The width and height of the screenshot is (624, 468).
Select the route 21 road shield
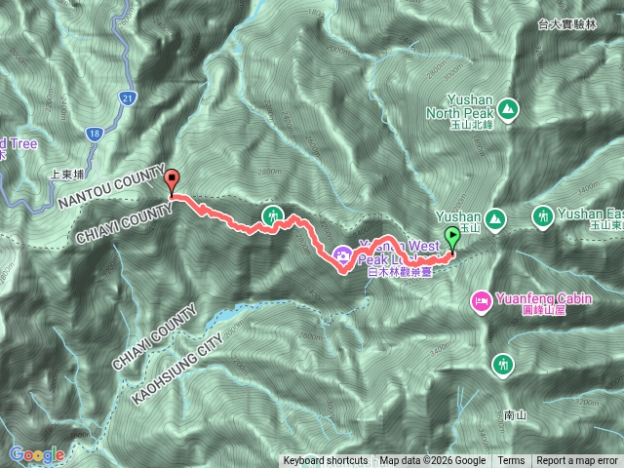pyautogui.click(x=129, y=98)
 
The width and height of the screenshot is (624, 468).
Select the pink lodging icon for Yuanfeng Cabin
pyautogui.click(x=481, y=302)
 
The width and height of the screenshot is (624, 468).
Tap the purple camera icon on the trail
pyautogui.click(x=342, y=255)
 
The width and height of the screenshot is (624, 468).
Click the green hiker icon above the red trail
pyautogui.click(x=274, y=214)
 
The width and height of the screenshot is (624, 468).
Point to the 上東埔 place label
pyautogui.click(x=68, y=175)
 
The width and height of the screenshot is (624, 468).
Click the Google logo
pyautogui.click(x=37, y=454)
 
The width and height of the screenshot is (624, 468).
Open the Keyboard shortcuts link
pyautogui.click(x=326, y=461)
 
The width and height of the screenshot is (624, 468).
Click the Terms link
pyautogui.click(x=511, y=461)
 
